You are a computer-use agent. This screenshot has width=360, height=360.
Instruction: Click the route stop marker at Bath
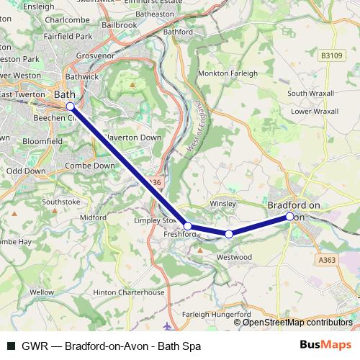[71, 107]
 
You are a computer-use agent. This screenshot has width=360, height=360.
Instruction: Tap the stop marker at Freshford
[188, 225]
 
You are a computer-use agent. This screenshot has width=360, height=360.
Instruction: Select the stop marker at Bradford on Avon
[289, 216]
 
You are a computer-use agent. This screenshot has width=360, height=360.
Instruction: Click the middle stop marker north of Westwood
[229, 234]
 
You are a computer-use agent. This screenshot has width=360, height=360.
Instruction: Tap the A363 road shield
[326, 261]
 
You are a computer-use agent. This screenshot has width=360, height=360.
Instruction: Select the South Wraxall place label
[312, 94]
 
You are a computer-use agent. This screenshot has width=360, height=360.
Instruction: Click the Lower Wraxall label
[315, 112]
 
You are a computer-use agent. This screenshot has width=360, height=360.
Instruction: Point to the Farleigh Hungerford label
[217, 315]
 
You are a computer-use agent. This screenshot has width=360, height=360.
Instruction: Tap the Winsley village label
[222, 204]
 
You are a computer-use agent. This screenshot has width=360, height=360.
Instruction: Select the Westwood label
[235, 257]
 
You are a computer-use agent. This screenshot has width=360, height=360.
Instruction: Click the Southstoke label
[61, 202]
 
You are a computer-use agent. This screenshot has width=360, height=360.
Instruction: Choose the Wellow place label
[42, 292]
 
